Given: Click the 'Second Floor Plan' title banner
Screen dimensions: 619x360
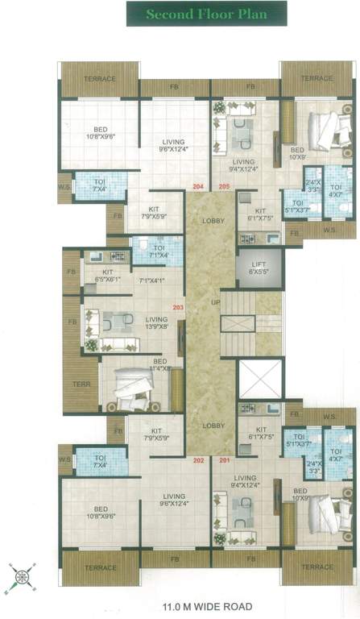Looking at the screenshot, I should click(x=206, y=13).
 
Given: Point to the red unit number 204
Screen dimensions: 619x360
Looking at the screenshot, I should click(x=197, y=187).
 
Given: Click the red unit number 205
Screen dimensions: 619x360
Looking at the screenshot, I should click(x=223, y=187).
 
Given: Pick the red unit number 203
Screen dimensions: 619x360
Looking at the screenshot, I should click(x=178, y=307).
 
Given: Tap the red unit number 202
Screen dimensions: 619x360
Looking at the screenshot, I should click(x=197, y=460).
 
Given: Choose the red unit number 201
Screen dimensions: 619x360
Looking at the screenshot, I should click(x=223, y=460).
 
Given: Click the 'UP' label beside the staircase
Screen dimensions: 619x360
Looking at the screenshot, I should click(x=213, y=301).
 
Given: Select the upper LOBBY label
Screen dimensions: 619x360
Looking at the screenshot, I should click(x=213, y=220).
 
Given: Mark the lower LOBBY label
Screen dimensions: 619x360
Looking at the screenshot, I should click(x=213, y=426).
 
